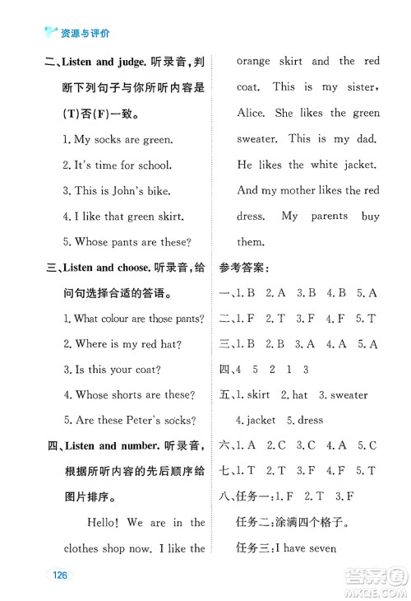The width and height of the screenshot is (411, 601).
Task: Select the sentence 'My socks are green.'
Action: [x=118, y=139]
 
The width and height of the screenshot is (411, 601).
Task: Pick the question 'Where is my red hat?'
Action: [x=122, y=344]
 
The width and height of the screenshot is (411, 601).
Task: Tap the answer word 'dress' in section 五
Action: [x=310, y=421]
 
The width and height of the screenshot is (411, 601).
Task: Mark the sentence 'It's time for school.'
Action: [x=122, y=165]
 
